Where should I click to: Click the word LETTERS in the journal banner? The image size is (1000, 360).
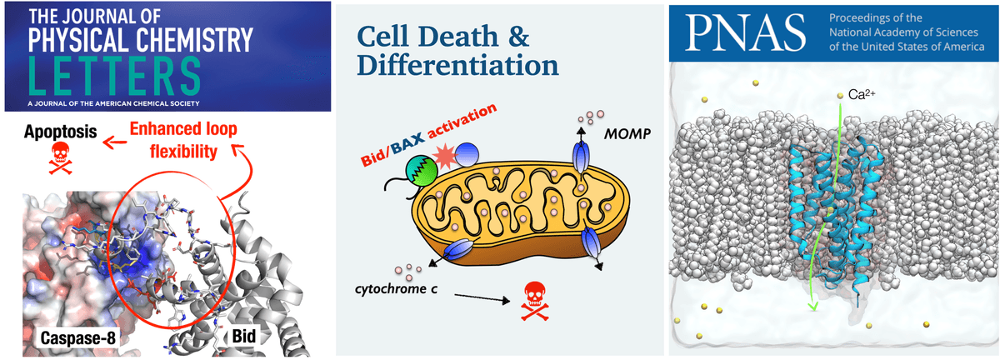(x=115, y=76)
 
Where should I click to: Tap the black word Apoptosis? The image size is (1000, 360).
(x=61, y=132)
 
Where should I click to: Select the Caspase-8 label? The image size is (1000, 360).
(x=78, y=338)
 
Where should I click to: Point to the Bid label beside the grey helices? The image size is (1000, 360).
(x=243, y=336)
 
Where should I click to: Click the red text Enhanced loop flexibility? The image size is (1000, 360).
(x=183, y=140)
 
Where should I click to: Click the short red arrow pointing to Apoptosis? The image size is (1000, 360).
(x=114, y=142)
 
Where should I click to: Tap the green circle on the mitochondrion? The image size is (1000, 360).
(x=421, y=171)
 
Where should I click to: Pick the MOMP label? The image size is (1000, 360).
(x=627, y=133)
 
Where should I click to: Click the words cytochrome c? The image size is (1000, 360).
(x=396, y=289)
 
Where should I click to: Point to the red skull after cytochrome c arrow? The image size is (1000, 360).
(x=535, y=301)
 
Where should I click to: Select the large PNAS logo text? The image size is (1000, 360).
(x=745, y=32)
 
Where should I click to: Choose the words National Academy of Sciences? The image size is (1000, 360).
(x=903, y=32)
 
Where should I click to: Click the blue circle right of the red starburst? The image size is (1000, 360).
(x=467, y=154)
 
